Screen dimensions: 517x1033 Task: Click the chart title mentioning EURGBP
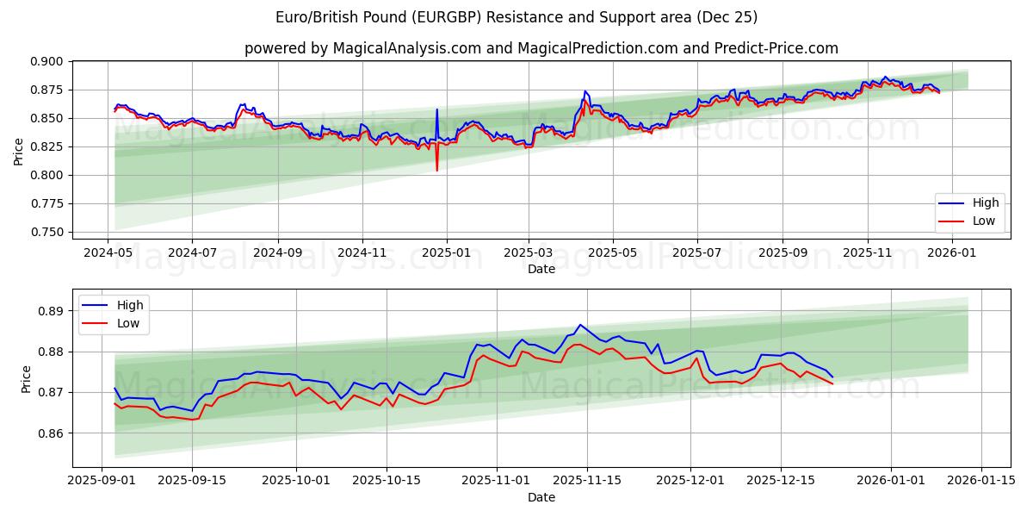516,17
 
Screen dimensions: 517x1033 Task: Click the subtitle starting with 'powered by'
541,48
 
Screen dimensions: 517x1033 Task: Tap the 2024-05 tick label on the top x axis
108,254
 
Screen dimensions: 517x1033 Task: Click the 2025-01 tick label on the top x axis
446,254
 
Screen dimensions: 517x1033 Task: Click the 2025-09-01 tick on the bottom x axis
102,481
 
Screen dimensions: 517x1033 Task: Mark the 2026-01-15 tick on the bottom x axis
980,481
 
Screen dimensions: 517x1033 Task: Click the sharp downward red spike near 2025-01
436,170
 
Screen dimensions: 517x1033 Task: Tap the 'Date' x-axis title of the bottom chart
541,497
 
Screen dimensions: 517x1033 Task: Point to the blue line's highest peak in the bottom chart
580,325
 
